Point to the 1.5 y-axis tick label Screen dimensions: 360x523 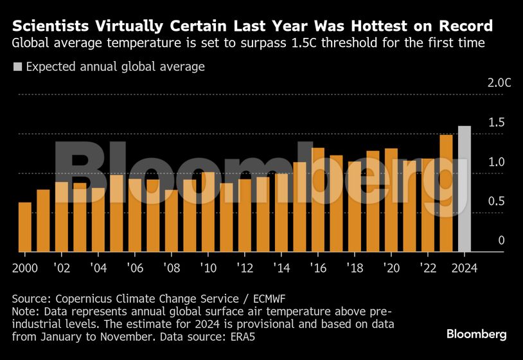(496, 122)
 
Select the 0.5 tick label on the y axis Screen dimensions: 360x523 (496, 201)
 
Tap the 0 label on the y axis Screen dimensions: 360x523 (502, 240)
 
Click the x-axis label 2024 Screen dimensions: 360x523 (464, 267)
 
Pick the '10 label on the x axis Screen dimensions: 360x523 (207, 267)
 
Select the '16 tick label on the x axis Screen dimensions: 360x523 (317, 267)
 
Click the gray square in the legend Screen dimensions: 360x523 (17, 66)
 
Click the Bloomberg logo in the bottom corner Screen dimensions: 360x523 (476, 334)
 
